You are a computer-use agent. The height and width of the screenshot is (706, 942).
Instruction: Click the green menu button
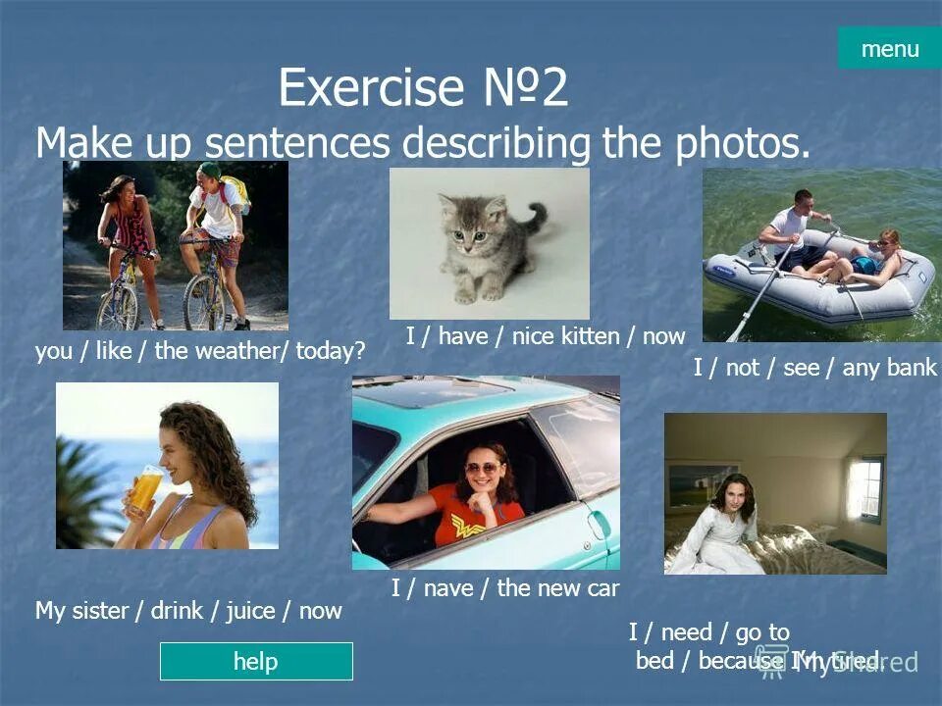tap(889, 48)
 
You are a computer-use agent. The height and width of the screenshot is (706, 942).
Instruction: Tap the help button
tap(255, 661)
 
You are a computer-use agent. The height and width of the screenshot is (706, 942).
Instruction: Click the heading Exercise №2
tap(423, 89)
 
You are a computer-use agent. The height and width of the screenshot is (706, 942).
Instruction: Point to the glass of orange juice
tap(145, 487)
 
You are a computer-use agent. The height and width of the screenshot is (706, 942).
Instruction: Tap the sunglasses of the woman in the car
tap(481, 469)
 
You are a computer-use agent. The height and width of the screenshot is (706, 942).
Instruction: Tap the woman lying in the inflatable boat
tap(876, 257)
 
